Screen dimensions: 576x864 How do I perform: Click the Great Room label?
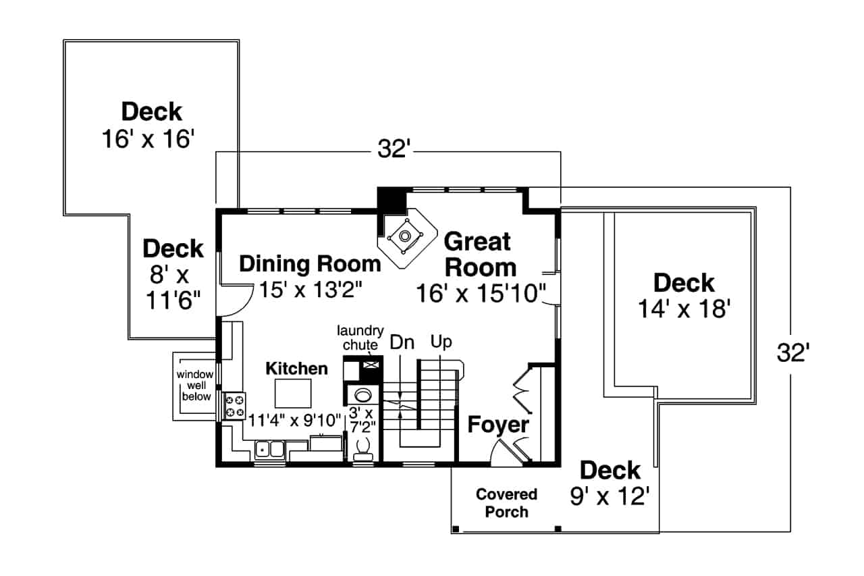click(x=479, y=254)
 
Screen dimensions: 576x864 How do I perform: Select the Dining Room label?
click(x=310, y=263)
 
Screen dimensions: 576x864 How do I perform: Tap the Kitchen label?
click(x=296, y=369)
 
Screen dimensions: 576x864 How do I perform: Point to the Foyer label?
click(x=498, y=425)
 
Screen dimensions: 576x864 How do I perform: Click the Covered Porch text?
click(x=506, y=503)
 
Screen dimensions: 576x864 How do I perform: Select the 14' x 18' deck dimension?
click(x=684, y=309)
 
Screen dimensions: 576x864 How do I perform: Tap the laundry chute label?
click(x=360, y=338)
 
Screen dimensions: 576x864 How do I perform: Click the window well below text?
click(x=195, y=386)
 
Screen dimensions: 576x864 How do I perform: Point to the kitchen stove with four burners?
click(x=235, y=406)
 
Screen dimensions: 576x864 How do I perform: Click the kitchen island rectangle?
click(x=293, y=393)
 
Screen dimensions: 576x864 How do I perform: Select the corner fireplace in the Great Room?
click(x=404, y=236)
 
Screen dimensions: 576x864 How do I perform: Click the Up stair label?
click(x=441, y=342)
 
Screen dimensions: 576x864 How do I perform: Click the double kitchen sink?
click(x=270, y=448)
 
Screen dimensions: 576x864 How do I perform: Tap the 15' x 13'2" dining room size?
click(x=311, y=290)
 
